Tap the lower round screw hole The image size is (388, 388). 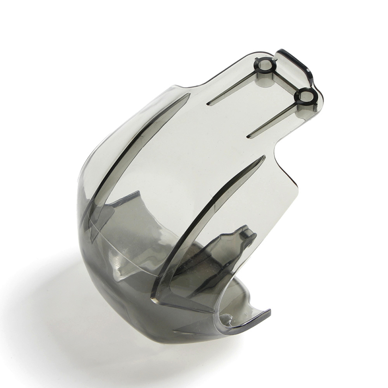(306, 96)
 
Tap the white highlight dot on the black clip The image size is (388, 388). (308, 72)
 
